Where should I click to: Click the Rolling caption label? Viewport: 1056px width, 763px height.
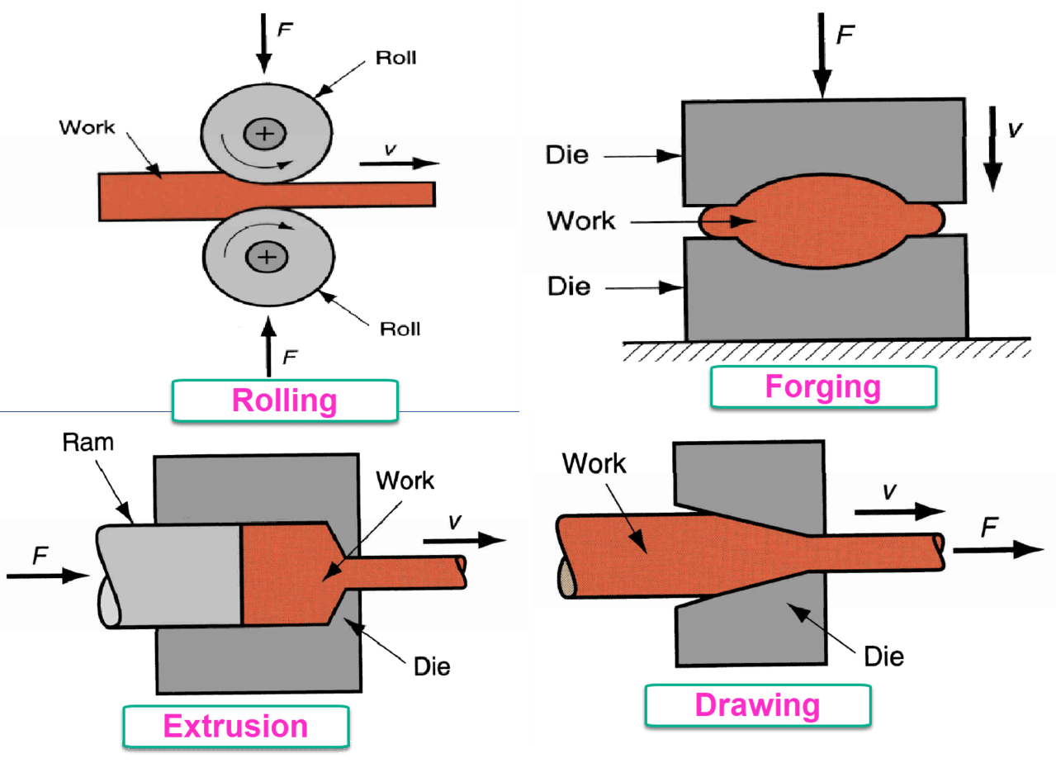[x=285, y=400]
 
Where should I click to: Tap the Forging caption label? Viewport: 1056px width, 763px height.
[x=823, y=386]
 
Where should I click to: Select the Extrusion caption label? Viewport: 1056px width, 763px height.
[x=236, y=726]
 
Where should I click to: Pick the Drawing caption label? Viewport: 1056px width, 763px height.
[x=757, y=705]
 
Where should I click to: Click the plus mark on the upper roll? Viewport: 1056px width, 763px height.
[x=263, y=134]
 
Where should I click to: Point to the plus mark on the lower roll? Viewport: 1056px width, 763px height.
[x=266, y=258]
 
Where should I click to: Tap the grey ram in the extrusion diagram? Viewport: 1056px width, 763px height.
[x=173, y=575]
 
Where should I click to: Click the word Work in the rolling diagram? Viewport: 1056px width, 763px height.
[x=87, y=128]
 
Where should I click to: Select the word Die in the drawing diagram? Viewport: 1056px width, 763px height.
[x=883, y=656]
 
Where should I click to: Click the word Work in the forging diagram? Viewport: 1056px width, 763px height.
[x=581, y=220]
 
